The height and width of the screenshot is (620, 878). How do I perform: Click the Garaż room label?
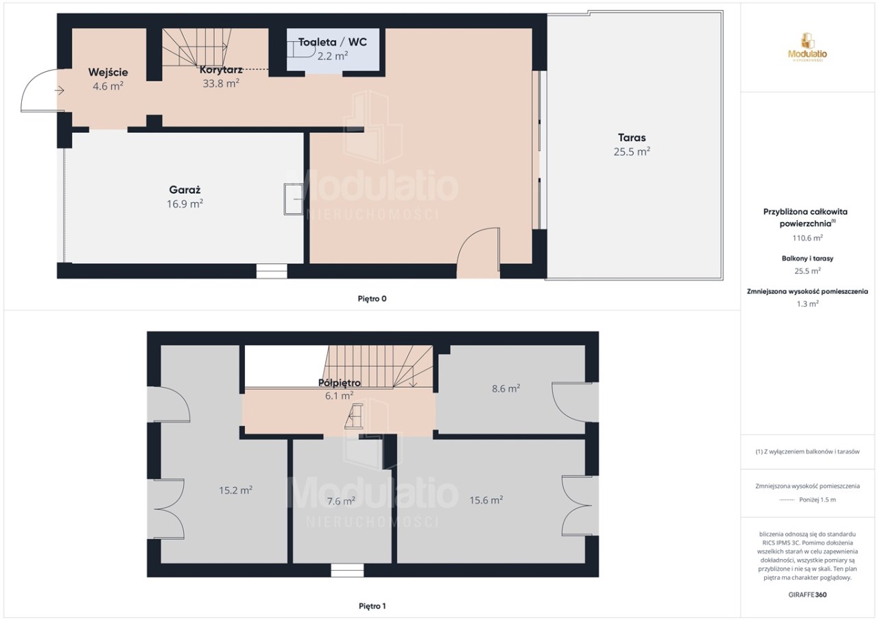click(x=185, y=190)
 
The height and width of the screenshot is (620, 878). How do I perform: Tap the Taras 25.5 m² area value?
click(x=632, y=151)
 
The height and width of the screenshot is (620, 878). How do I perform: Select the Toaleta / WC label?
click(x=333, y=42)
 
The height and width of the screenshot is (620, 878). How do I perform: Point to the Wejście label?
click(x=108, y=72)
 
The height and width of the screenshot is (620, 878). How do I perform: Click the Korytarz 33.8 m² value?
click(x=221, y=84)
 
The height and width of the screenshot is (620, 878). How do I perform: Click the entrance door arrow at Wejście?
click(x=60, y=91)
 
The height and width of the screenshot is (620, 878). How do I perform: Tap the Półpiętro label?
click(x=340, y=382)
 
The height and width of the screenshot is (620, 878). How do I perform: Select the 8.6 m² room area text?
click(x=506, y=388)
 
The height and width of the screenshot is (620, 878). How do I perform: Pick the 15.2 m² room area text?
click(x=235, y=490)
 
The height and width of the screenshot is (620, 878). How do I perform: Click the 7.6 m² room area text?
click(x=341, y=501)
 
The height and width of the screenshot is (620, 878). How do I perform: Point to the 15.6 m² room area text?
click(x=486, y=500)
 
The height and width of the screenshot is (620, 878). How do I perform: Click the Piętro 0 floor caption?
click(x=372, y=299)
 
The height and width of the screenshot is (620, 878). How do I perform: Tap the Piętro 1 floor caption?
click(x=372, y=606)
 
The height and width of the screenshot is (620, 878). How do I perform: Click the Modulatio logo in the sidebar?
click(x=807, y=47)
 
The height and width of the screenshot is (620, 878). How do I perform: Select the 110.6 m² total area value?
click(x=807, y=238)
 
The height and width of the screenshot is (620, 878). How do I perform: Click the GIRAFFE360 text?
click(x=807, y=595)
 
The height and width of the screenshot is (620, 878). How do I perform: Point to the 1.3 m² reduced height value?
click(x=807, y=303)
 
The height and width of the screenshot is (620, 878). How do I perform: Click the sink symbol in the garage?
click(x=293, y=199)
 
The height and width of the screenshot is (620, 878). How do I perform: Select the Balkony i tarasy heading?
click(x=807, y=258)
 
